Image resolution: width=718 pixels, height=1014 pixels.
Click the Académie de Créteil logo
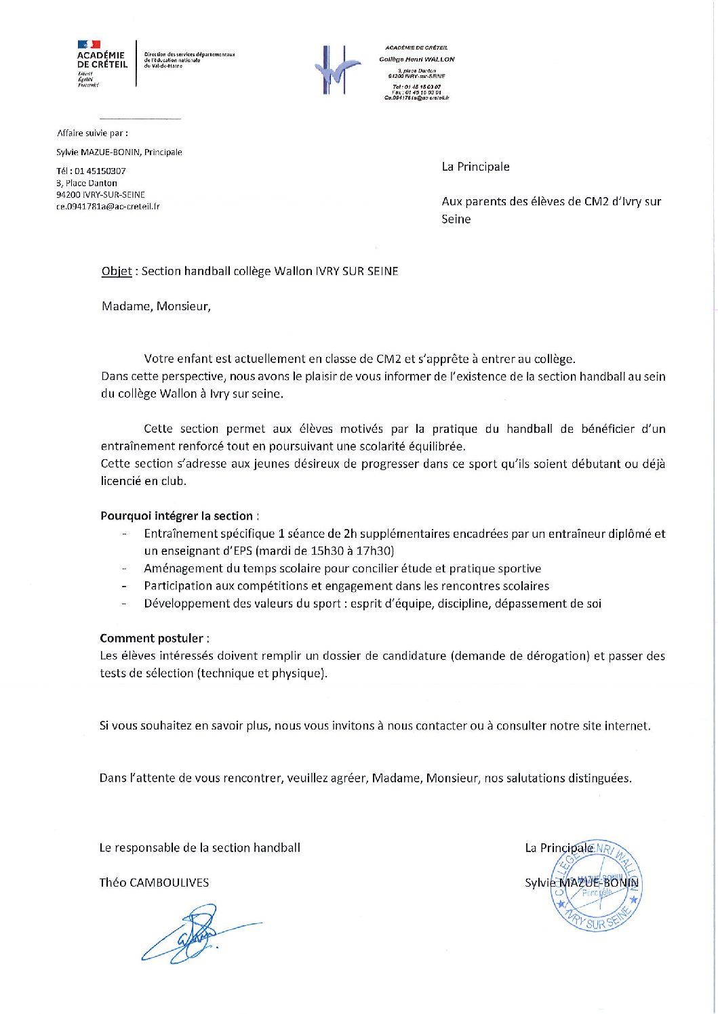click(x=102, y=62)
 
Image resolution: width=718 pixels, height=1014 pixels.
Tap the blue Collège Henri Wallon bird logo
click(x=337, y=70)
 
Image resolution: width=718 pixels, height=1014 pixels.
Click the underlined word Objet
click(x=117, y=271)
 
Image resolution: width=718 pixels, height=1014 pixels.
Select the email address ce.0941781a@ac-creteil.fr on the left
click(x=108, y=207)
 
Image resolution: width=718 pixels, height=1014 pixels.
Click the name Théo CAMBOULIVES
click(x=154, y=883)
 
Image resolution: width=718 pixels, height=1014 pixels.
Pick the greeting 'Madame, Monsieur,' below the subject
click(x=156, y=306)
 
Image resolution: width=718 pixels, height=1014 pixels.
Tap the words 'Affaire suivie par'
click(x=91, y=133)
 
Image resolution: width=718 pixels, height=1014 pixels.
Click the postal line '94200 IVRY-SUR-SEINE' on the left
click(x=100, y=195)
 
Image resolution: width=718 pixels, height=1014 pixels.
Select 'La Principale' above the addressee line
click(x=475, y=167)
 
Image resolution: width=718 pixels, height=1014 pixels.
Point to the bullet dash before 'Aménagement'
click(x=124, y=569)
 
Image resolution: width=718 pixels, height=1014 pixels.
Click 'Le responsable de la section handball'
click(x=199, y=847)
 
